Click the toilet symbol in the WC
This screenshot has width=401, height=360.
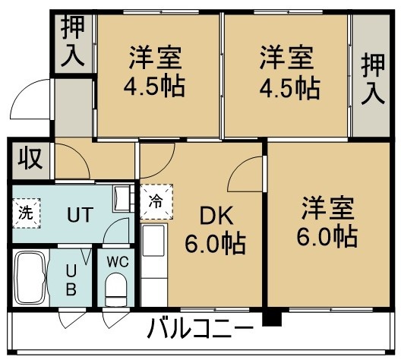click(116, 289)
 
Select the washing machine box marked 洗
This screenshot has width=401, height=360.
click(27, 213)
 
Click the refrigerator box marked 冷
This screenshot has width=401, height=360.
click(156, 201)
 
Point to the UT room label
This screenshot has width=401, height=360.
click(80, 215)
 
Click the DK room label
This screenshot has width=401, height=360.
click(216, 216)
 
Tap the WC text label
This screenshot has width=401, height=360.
click(118, 262)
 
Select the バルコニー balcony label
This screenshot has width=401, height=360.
click(200, 328)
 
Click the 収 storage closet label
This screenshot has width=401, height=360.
click(30, 159)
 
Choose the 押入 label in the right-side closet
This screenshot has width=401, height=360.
click(373, 79)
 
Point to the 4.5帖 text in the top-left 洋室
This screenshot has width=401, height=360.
click(154, 85)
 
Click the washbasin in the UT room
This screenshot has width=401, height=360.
click(122, 198)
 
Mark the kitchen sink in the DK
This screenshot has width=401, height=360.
click(153, 241)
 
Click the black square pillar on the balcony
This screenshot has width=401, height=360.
click(272, 317)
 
